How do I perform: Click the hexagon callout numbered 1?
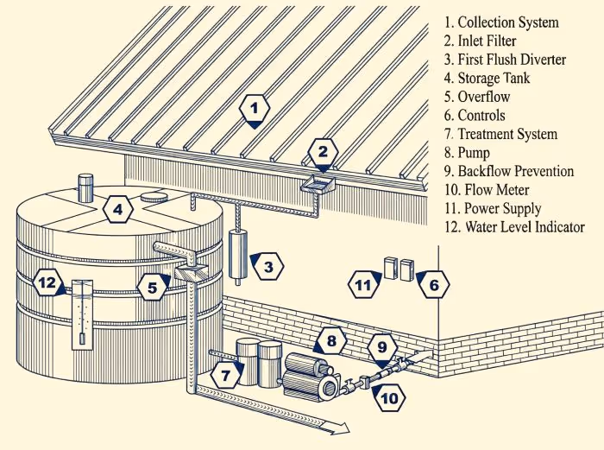(x=255, y=110)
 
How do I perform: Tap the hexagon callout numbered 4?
(x=119, y=209)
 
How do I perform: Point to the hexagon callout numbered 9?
(x=382, y=348)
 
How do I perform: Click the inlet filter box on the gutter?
(x=318, y=183)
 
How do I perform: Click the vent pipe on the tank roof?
(x=85, y=187)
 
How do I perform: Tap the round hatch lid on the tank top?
(x=154, y=196)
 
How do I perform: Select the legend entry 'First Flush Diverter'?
(x=505, y=60)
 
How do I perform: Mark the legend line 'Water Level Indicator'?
(x=513, y=227)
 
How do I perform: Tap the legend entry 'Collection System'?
(x=501, y=22)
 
